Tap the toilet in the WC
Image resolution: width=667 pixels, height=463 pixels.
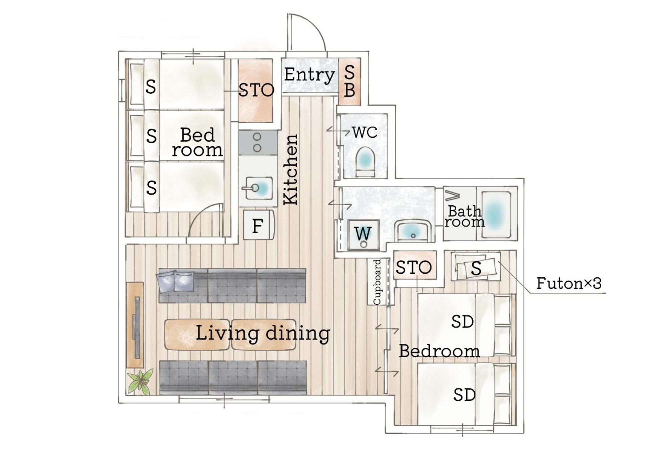pos(366,162)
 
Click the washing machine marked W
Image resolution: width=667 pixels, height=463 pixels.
pos(363,235)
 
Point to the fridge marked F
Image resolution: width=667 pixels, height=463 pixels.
pos(258,225)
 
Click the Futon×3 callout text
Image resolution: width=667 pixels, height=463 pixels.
pos(569,283)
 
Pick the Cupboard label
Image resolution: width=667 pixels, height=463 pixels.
pos(377,282)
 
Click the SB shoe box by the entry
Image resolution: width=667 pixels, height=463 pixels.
pos(350,82)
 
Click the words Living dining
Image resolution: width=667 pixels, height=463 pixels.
pos(263,333)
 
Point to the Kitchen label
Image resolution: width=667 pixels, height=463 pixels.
pos(290,169)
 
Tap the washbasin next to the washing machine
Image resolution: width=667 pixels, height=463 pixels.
pos(414,231)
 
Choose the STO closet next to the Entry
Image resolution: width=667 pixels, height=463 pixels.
pos(256,90)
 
